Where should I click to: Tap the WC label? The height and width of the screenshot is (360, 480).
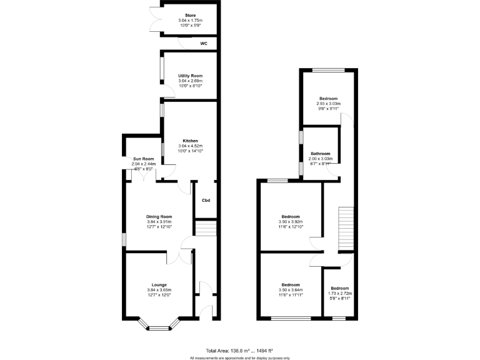click(x=204, y=44)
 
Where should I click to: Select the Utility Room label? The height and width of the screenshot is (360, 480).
click(x=190, y=75)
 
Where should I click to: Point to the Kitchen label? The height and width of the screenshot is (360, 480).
click(x=191, y=140)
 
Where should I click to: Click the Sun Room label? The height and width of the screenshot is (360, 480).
click(x=143, y=159)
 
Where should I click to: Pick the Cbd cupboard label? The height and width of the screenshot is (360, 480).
click(x=206, y=200)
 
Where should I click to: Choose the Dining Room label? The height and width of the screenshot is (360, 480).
click(x=159, y=216)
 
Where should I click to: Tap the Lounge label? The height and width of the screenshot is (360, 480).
click(x=159, y=284)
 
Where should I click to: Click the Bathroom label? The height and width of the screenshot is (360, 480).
click(x=321, y=153)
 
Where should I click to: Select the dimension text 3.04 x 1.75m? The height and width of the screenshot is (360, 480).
click(x=190, y=20)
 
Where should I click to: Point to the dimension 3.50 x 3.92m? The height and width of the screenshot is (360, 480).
click(x=290, y=221)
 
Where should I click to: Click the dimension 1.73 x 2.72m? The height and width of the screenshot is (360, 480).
click(x=340, y=293)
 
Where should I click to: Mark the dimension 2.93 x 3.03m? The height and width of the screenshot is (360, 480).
click(x=328, y=104)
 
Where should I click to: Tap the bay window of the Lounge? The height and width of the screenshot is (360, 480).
click(x=159, y=325)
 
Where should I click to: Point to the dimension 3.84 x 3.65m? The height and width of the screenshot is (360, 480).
click(x=159, y=290)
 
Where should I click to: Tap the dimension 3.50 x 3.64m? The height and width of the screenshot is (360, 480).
click(x=290, y=289)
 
